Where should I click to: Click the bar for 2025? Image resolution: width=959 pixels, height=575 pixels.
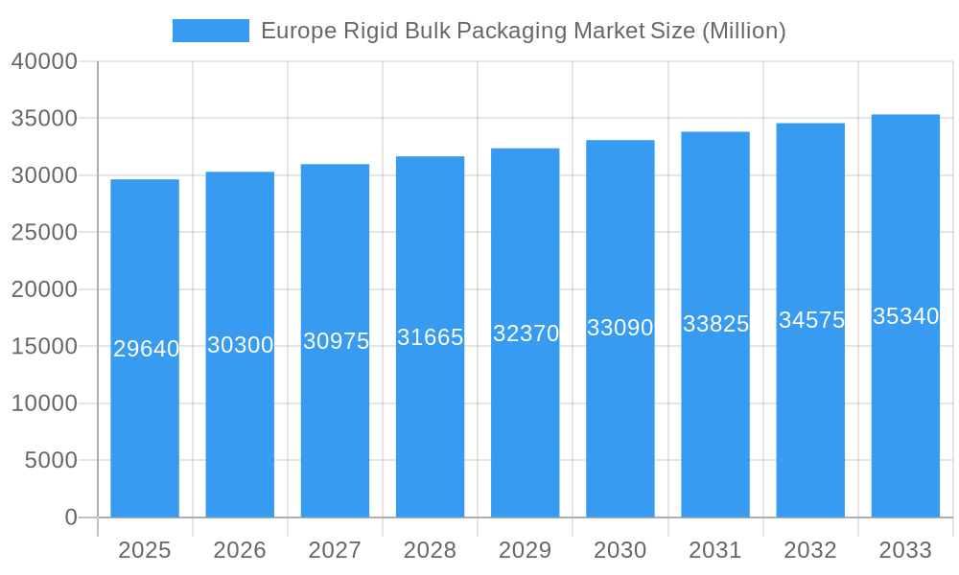pyautogui.click(x=145, y=431)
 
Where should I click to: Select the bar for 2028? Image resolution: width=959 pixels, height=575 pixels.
pyautogui.click(x=430, y=431)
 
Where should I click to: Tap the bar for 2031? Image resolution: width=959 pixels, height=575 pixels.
pyautogui.click(x=715, y=431)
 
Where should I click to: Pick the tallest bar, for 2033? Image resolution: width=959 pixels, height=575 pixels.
pyautogui.click(x=905, y=431)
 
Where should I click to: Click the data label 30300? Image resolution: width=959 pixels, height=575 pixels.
pyautogui.click(x=241, y=345)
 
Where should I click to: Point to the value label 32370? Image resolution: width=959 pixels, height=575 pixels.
pyautogui.click(x=526, y=333)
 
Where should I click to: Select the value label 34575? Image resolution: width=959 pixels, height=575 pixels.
pyautogui.click(x=811, y=320)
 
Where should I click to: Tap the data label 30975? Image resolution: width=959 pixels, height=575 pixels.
pyautogui.click(x=336, y=340)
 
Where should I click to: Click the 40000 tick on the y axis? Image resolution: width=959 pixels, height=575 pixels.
pyautogui.click(x=44, y=61)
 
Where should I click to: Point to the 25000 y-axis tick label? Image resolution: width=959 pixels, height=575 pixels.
pyautogui.click(x=44, y=232)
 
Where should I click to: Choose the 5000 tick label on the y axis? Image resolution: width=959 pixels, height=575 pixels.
pyautogui.click(x=50, y=460)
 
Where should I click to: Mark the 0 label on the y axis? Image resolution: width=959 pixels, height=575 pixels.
pyautogui.click(x=71, y=517)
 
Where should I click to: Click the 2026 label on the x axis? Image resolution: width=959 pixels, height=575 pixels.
pyautogui.click(x=240, y=550)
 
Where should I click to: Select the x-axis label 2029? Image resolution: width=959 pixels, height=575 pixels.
pyautogui.click(x=526, y=550)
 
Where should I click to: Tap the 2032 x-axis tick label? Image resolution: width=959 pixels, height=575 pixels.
pyautogui.click(x=810, y=550)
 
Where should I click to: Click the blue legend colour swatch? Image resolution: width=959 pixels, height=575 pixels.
pyautogui.click(x=211, y=31)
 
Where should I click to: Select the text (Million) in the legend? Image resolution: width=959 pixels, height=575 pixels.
pyautogui.click(x=744, y=31)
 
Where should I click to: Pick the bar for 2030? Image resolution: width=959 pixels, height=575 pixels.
pyautogui.click(x=620, y=431)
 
